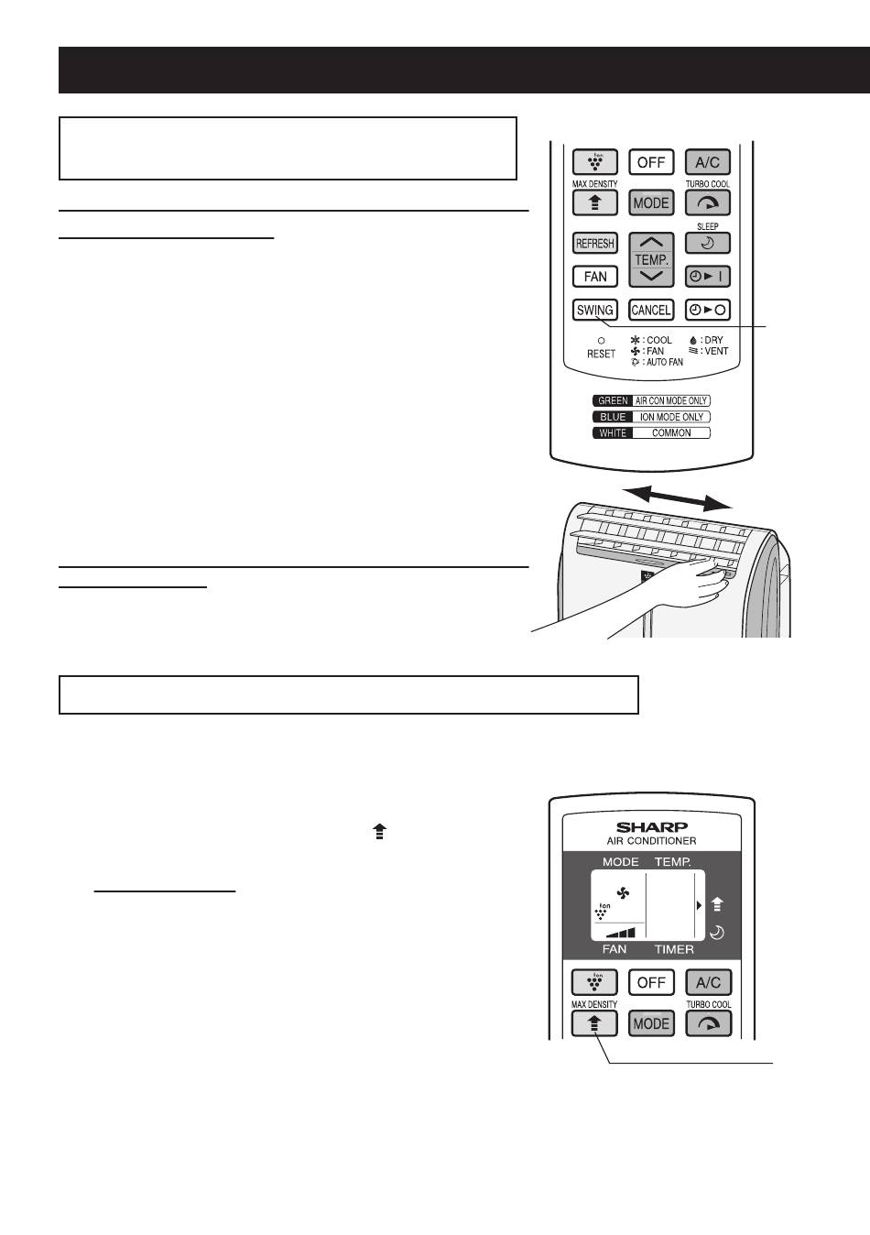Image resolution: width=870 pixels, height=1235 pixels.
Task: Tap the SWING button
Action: pyautogui.click(x=594, y=310)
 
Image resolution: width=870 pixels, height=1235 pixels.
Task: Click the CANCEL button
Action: pyautogui.click(x=651, y=310)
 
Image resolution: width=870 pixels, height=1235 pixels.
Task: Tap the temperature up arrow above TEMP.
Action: pyautogui.click(x=651, y=242)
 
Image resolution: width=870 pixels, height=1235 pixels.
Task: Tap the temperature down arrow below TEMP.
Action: pyautogui.click(x=651, y=277)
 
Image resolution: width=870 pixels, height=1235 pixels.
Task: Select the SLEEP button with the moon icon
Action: pyautogui.click(x=708, y=243)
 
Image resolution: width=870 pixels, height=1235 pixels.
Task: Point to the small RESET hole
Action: pyautogui.click(x=601, y=341)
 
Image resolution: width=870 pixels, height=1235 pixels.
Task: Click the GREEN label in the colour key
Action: pyautogui.click(x=613, y=400)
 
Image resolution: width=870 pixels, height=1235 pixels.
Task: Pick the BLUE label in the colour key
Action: pyautogui.click(x=613, y=417)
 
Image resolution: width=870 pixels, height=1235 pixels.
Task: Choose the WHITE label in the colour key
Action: pyautogui.click(x=613, y=433)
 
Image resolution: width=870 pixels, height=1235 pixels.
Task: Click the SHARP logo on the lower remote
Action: pyautogui.click(x=651, y=826)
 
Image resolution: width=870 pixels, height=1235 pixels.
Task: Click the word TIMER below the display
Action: pyautogui.click(x=674, y=949)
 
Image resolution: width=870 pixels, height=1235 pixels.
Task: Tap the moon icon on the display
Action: pyautogui.click(x=717, y=934)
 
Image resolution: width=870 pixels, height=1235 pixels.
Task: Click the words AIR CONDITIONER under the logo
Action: pyautogui.click(x=651, y=841)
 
